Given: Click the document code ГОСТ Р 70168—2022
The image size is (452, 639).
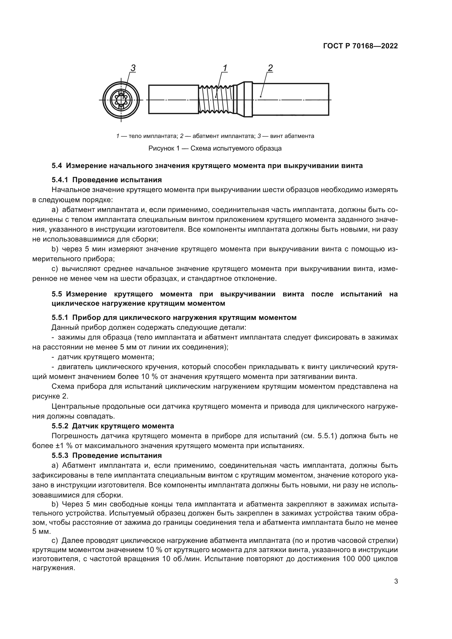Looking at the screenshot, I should point(360,46).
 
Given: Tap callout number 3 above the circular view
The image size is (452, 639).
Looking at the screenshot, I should point(133,68).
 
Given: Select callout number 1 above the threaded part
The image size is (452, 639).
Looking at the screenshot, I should point(225,68).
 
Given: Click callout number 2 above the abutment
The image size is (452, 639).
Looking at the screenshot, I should point(270,68).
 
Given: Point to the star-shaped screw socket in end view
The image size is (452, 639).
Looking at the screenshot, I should point(121,100).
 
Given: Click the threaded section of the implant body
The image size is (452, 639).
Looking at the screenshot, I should point(216,100).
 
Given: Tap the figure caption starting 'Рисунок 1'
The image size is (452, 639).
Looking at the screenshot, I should point(215,148).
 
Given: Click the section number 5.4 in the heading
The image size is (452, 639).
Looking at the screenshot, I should point(57,166).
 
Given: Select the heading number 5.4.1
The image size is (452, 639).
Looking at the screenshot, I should point(60,180).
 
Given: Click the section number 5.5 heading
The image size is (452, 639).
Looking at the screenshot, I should point(57,294).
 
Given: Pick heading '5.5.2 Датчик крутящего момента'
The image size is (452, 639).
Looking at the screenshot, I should point(113,426).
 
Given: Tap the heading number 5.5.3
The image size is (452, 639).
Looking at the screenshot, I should point(60,456).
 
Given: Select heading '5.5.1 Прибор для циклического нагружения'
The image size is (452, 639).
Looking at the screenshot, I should point(174,317).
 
